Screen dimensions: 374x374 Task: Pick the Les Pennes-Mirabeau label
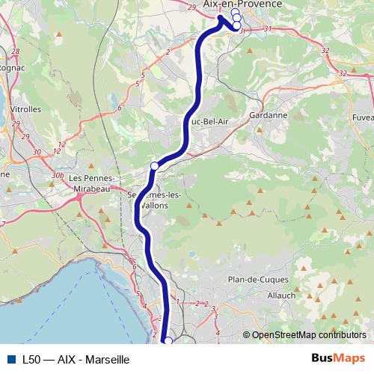(x=91, y=183)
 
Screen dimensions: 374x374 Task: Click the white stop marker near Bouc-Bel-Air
(x=155, y=165)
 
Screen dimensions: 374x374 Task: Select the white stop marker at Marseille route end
(x=168, y=341)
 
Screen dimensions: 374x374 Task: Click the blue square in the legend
(x=10, y=359)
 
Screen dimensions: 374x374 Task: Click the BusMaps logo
(x=338, y=358)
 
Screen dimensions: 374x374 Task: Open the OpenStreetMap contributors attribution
(x=309, y=335)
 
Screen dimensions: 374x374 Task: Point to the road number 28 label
(x=16, y=51)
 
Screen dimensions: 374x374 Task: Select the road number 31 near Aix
(x=267, y=29)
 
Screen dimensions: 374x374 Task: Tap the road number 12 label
(x=61, y=143)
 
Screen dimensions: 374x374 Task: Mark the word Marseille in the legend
(x=108, y=359)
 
